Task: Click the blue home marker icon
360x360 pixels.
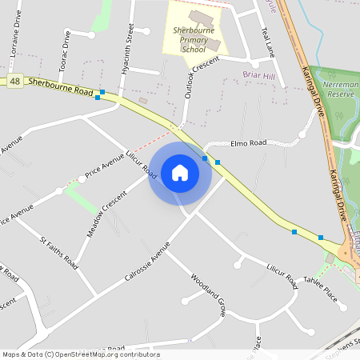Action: tap(180, 172)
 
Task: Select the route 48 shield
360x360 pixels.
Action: tap(14, 81)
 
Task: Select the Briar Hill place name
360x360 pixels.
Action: tap(260, 75)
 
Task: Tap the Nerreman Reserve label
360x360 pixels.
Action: tap(340, 88)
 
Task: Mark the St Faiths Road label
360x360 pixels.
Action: tap(59, 252)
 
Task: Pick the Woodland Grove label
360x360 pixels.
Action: tap(209, 296)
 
